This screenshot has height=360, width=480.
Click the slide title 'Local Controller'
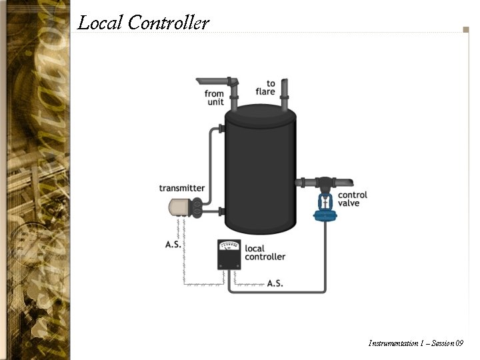point(143,23)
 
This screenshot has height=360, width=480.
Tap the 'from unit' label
point(214,98)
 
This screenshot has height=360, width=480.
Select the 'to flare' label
point(265,88)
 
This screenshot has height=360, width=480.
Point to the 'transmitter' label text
point(182,188)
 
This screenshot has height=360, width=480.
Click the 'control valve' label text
point(353,199)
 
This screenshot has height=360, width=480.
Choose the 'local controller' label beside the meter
point(265,253)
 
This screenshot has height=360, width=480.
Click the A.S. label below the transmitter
point(173,245)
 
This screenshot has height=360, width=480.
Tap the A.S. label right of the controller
point(275,283)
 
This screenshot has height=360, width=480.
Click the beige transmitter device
point(179,209)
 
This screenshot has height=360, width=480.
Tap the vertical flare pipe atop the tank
point(284,93)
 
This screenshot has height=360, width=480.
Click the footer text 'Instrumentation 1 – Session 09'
point(415,343)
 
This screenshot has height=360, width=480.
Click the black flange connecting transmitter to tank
point(198,210)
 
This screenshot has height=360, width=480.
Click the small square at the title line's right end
point(466,29)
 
